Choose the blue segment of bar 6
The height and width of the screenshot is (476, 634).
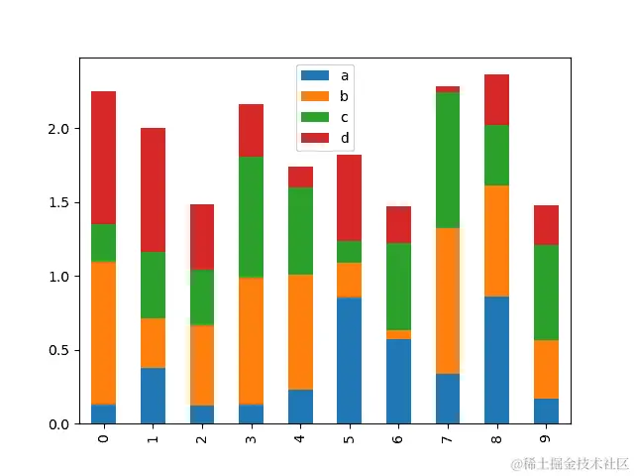point(398,381)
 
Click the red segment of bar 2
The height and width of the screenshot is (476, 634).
point(202,237)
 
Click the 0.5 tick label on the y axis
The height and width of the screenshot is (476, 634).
point(58,350)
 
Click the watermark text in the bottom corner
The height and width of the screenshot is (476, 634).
point(570,463)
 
